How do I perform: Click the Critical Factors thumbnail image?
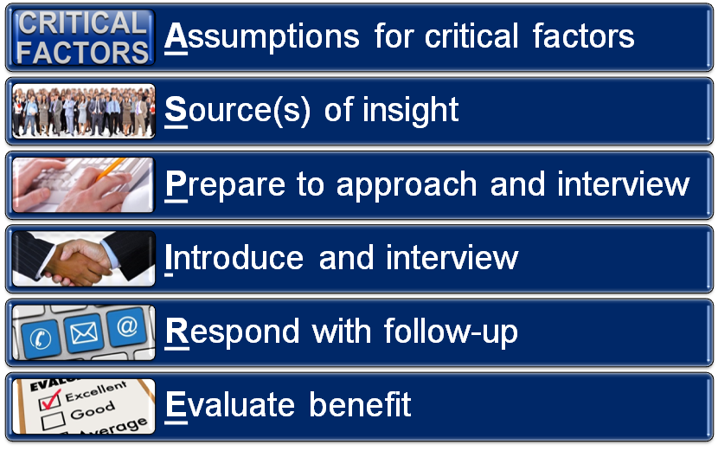84,37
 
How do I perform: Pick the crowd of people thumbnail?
84,112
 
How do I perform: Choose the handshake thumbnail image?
84,259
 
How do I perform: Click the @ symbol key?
126,327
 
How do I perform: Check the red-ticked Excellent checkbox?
48,397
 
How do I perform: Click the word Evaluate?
228,405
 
